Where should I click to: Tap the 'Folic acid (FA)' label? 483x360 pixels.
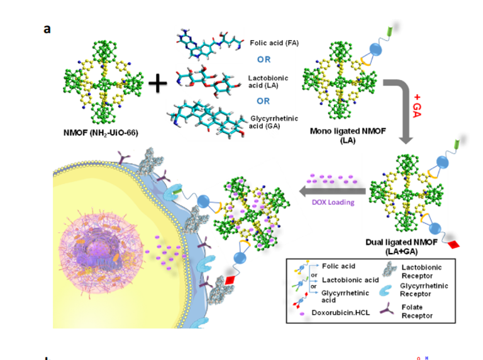tap(274, 43)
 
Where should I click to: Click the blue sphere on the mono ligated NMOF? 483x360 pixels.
tap(375, 50)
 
